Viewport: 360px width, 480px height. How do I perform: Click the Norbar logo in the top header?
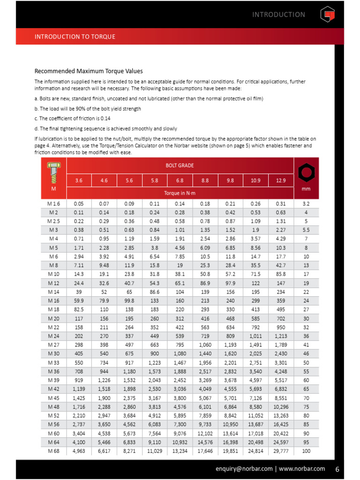tap(327, 15)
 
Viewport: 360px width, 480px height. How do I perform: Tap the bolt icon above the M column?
tap(53, 172)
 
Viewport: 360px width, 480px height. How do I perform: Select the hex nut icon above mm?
tap(306, 173)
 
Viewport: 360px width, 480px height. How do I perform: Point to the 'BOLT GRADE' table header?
tap(180, 165)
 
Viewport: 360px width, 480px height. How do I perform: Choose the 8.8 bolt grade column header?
tap(205, 180)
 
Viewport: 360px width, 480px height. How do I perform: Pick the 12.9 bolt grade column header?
tap(280, 180)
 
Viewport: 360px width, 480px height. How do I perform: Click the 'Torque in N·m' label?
tap(180, 193)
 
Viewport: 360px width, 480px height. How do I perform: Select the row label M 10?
tap(53, 273)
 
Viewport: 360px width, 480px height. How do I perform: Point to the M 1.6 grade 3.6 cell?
tap(79, 204)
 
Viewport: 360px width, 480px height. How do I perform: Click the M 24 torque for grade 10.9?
tap(255, 336)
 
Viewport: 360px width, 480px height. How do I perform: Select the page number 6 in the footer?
tap(337, 468)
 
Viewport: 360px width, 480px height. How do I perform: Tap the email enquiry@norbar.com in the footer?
tap(243, 468)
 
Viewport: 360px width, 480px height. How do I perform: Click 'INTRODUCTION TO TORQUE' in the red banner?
tap(75, 37)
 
